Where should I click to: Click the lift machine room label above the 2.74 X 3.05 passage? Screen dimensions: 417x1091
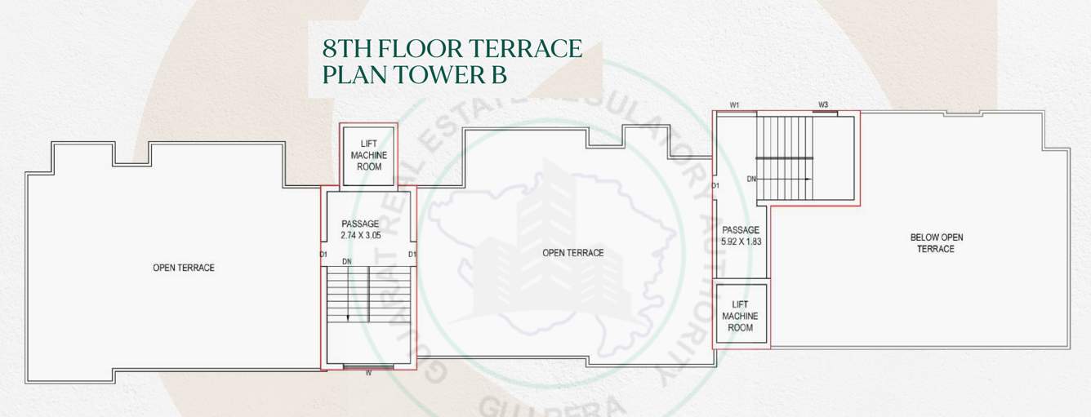(369, 155)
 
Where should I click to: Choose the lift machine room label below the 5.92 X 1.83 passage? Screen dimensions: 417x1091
(741, 315)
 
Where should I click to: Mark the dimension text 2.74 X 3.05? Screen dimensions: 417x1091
(360, 234)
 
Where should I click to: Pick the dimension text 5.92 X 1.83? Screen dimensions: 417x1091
(741, 242)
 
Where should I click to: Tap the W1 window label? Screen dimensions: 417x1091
(734, 105)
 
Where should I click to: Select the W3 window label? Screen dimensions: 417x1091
(823, 105)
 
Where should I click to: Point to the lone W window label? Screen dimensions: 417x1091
(368, 375)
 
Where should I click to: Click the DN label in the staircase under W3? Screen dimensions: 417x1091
(752, 178)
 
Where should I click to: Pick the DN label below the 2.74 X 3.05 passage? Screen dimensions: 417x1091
(346, 262)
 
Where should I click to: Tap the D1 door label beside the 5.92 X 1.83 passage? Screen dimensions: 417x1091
(715, 186)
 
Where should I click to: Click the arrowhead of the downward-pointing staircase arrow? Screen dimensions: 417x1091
(348, 317)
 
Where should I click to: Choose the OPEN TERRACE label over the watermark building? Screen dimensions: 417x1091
(572, 253)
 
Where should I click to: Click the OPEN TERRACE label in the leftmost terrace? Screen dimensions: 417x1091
(183, 268)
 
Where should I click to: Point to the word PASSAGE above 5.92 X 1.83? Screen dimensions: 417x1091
(741, 230)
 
